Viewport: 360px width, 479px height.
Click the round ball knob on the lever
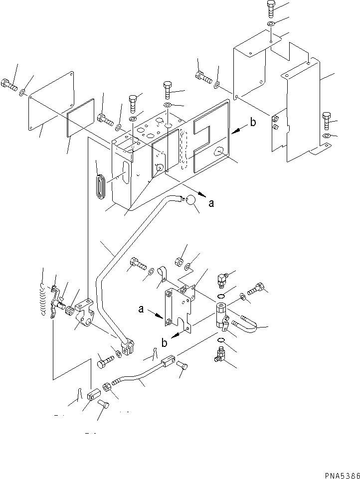coord(190,200)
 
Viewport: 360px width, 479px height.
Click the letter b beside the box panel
coord(253,123)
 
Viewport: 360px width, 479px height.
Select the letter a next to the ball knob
coord(212,203)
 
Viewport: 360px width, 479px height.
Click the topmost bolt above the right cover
coord(270,7)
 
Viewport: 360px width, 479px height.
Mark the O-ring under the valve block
coord(220,342)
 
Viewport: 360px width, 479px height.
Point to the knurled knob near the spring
coord(70,313)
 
